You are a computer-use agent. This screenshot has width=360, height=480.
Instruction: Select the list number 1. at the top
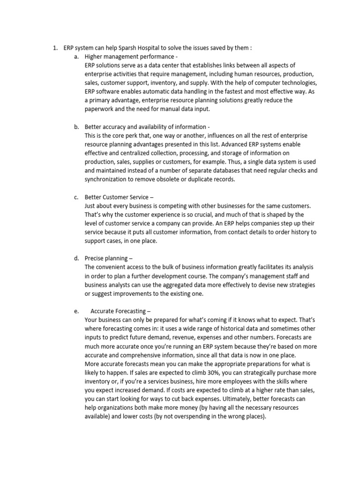point(54,48)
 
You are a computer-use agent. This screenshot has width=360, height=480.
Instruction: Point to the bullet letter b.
point(76,127)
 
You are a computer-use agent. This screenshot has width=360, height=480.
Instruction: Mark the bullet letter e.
point(76,311)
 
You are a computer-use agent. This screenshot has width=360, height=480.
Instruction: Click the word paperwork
point(101,109)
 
